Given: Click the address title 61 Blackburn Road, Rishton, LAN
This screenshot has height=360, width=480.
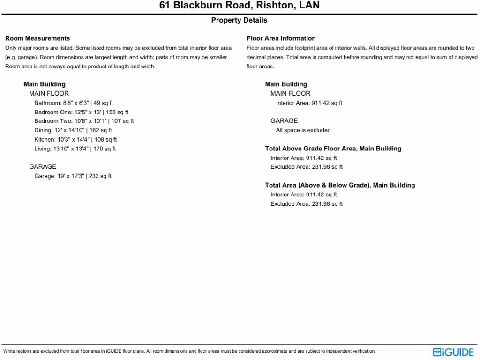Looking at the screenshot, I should click(239, 6).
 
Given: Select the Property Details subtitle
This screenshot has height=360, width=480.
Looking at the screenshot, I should click(239, 20).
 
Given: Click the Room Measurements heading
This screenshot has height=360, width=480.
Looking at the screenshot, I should click(37, 38).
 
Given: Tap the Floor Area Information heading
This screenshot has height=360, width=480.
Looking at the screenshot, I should click(281, 38).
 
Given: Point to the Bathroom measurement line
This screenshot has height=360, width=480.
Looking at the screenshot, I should click(74, 103).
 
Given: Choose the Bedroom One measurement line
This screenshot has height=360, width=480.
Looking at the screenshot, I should click(81, 112).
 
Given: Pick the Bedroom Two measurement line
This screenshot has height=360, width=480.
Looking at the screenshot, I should click(84, 121).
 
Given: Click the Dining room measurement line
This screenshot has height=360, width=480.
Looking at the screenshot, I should click(73, 130).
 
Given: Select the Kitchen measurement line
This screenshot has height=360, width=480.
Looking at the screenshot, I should click(75, 139).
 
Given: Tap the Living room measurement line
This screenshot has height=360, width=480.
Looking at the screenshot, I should click(75, 149).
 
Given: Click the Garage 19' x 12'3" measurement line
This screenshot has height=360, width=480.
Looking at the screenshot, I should click(73, 176).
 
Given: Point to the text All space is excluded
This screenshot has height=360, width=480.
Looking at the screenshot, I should click(303, 130).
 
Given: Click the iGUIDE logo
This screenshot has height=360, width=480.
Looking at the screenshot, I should click(453, 352).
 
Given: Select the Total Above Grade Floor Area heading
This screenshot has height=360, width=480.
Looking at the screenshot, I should click(333, 149).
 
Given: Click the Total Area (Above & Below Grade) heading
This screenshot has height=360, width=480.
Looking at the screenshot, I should click(340, 185).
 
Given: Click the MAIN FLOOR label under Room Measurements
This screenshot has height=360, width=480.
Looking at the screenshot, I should click(49, 93).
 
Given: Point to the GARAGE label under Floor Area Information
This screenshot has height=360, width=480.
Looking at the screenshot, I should click(284, 121).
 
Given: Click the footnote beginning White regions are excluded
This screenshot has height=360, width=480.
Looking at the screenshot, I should click(189, 351).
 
